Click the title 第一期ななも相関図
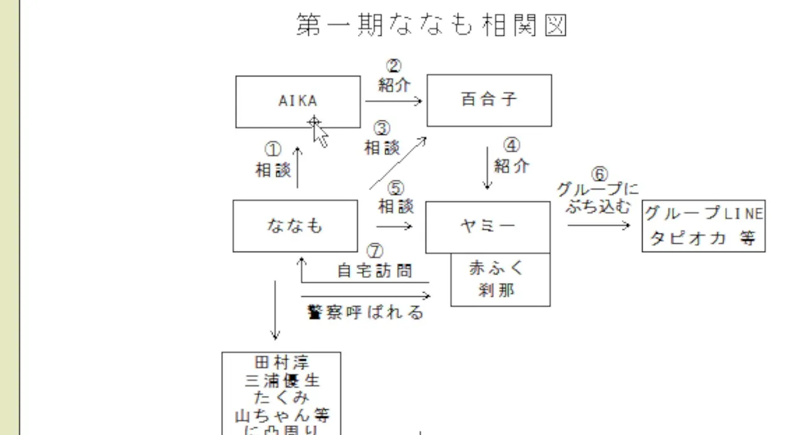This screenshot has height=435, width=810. [x=432, y=26]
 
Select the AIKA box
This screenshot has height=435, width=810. [x=298, y=101]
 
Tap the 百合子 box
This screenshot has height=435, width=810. [x=489, y=100]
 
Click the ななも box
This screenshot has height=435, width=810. [x=295, y=226]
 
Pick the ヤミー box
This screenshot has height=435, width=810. [x=488, y=227]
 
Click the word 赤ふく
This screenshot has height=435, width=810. [x=497, y=268]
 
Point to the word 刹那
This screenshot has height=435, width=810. [x=496, y=291]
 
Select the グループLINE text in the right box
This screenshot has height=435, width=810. [x=704, y=213]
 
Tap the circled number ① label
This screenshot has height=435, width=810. [x=273, y=149]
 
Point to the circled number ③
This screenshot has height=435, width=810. [x=382, y=129]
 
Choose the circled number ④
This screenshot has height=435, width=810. [x=512, y=146]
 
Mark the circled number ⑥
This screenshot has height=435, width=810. [x=598, y=175]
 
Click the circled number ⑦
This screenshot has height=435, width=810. [x=375, y=250]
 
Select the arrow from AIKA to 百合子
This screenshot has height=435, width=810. [x=393, y=101]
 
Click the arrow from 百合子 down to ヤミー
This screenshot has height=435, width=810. [x=488, y=167]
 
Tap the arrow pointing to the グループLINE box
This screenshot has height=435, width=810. [x=598, y=225]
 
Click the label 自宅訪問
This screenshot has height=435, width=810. [x=374, y=271]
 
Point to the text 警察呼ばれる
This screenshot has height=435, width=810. [x=366, y=312]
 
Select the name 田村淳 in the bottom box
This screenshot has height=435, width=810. [x=282, y=363]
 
